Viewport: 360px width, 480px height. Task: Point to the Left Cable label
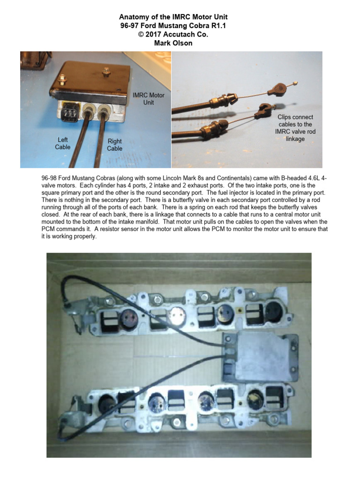[63, 143]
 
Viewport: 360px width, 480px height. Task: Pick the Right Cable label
[115, 144]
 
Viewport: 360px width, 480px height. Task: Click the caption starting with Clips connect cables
[295, 127]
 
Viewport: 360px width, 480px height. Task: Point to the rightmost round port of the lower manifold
[257, 398]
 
